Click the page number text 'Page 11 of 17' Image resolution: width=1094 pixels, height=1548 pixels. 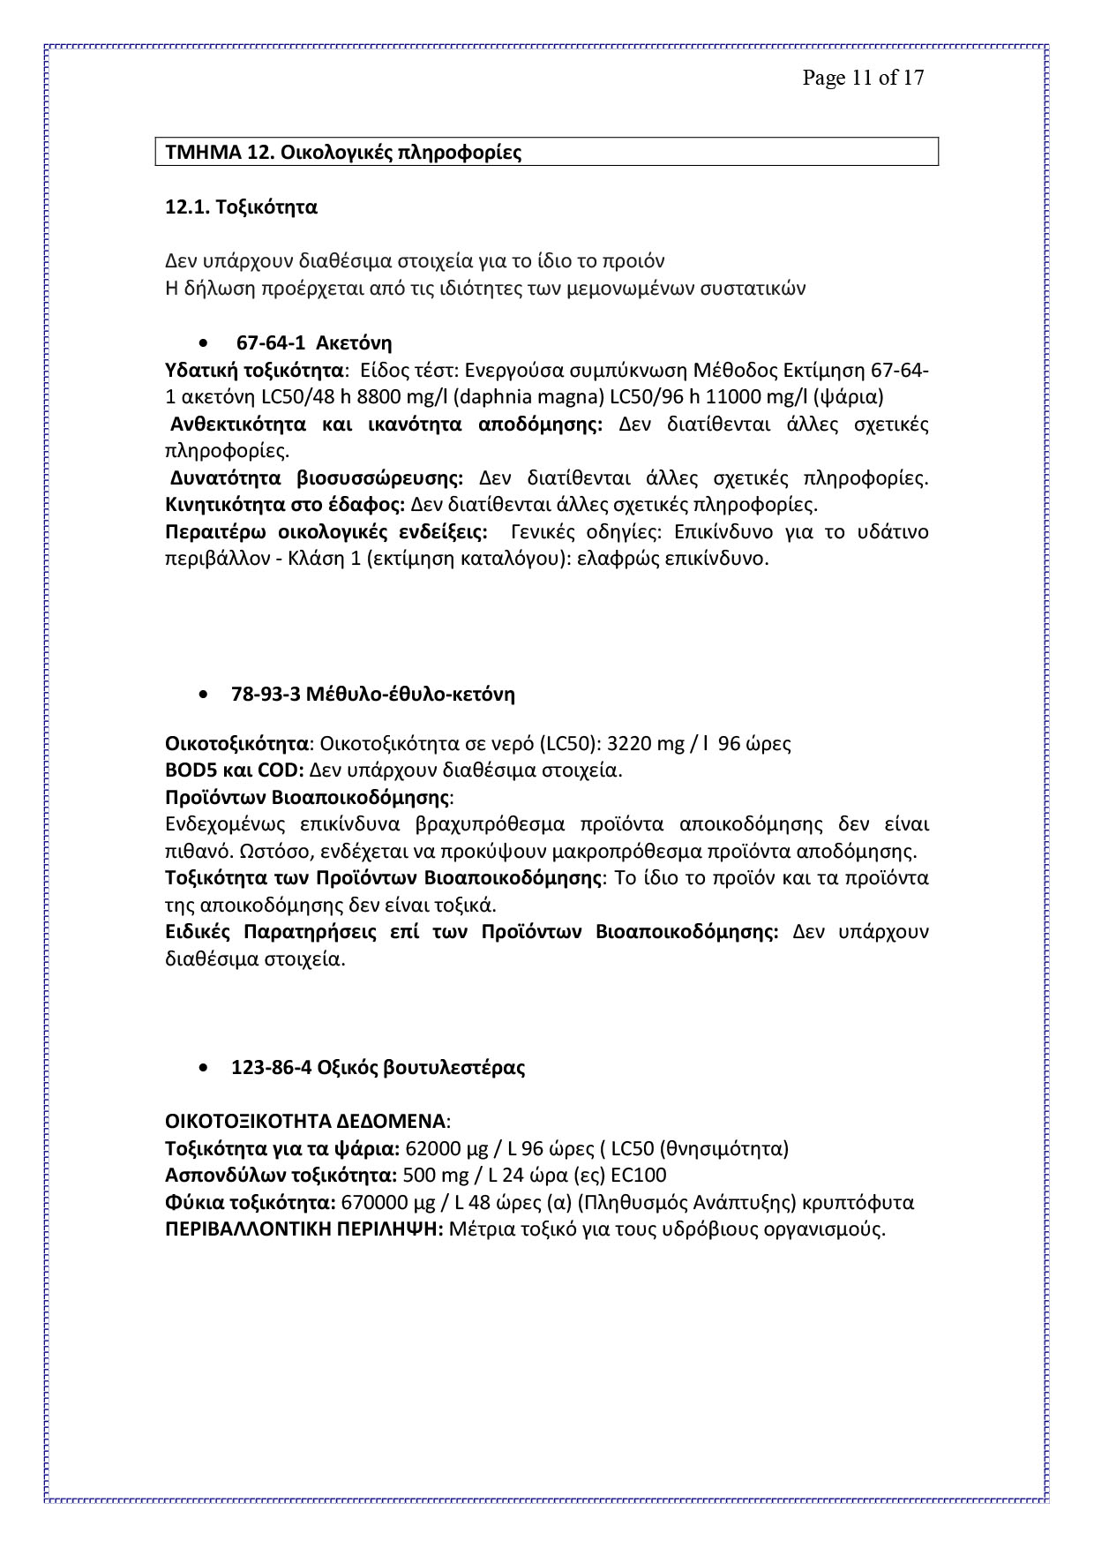(x=862, y=78)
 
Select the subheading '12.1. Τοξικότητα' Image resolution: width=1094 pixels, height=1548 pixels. (x=241, y=207)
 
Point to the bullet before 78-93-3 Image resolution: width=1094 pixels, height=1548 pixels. (x=205, y=695)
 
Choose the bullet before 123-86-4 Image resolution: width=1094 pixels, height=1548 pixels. (x=205, y=1068)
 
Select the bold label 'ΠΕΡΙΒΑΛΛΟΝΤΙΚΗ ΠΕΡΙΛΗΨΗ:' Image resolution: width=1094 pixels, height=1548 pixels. (x=303, y=1229)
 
